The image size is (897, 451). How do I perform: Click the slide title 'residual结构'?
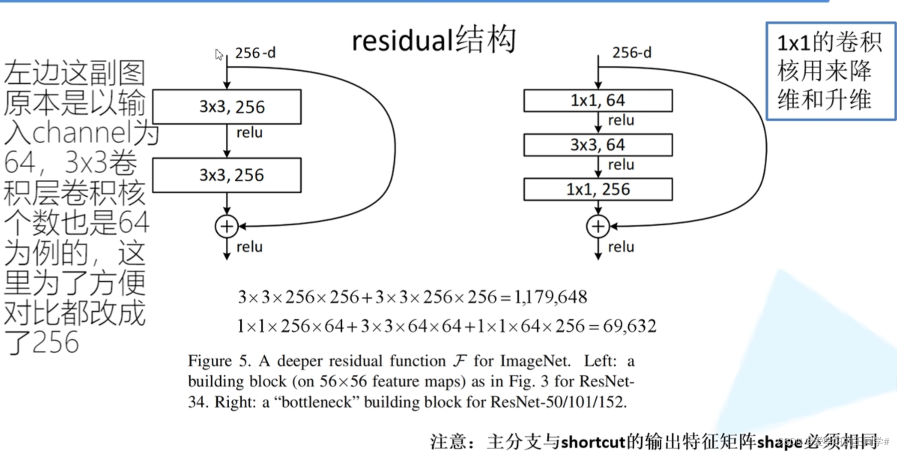[x=434, y=40]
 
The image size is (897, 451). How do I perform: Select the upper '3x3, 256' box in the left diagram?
[x=227, y=107]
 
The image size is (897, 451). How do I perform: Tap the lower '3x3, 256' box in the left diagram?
[x=227, y=175]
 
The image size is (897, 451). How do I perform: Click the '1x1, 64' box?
[x=598, y=100]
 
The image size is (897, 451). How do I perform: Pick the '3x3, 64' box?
[x=598, y=145]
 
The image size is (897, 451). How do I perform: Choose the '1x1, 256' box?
[x=598, y=189]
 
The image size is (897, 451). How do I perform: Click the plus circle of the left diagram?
[x=227, y=226]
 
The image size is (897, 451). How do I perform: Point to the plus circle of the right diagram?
[x=598, y=226]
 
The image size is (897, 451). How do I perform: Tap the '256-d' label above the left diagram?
[x=255, y=52]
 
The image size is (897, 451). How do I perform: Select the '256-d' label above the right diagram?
[x=632, y=52]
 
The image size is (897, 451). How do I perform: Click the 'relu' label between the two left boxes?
[x=249, y=132]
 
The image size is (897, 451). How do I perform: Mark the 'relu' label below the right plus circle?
[x=621, y=247]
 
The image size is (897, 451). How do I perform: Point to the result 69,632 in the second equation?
[x=630, y=326]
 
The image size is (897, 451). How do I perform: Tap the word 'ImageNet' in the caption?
[x=534, y=361]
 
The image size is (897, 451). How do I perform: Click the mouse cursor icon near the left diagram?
[x=219, y=54]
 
